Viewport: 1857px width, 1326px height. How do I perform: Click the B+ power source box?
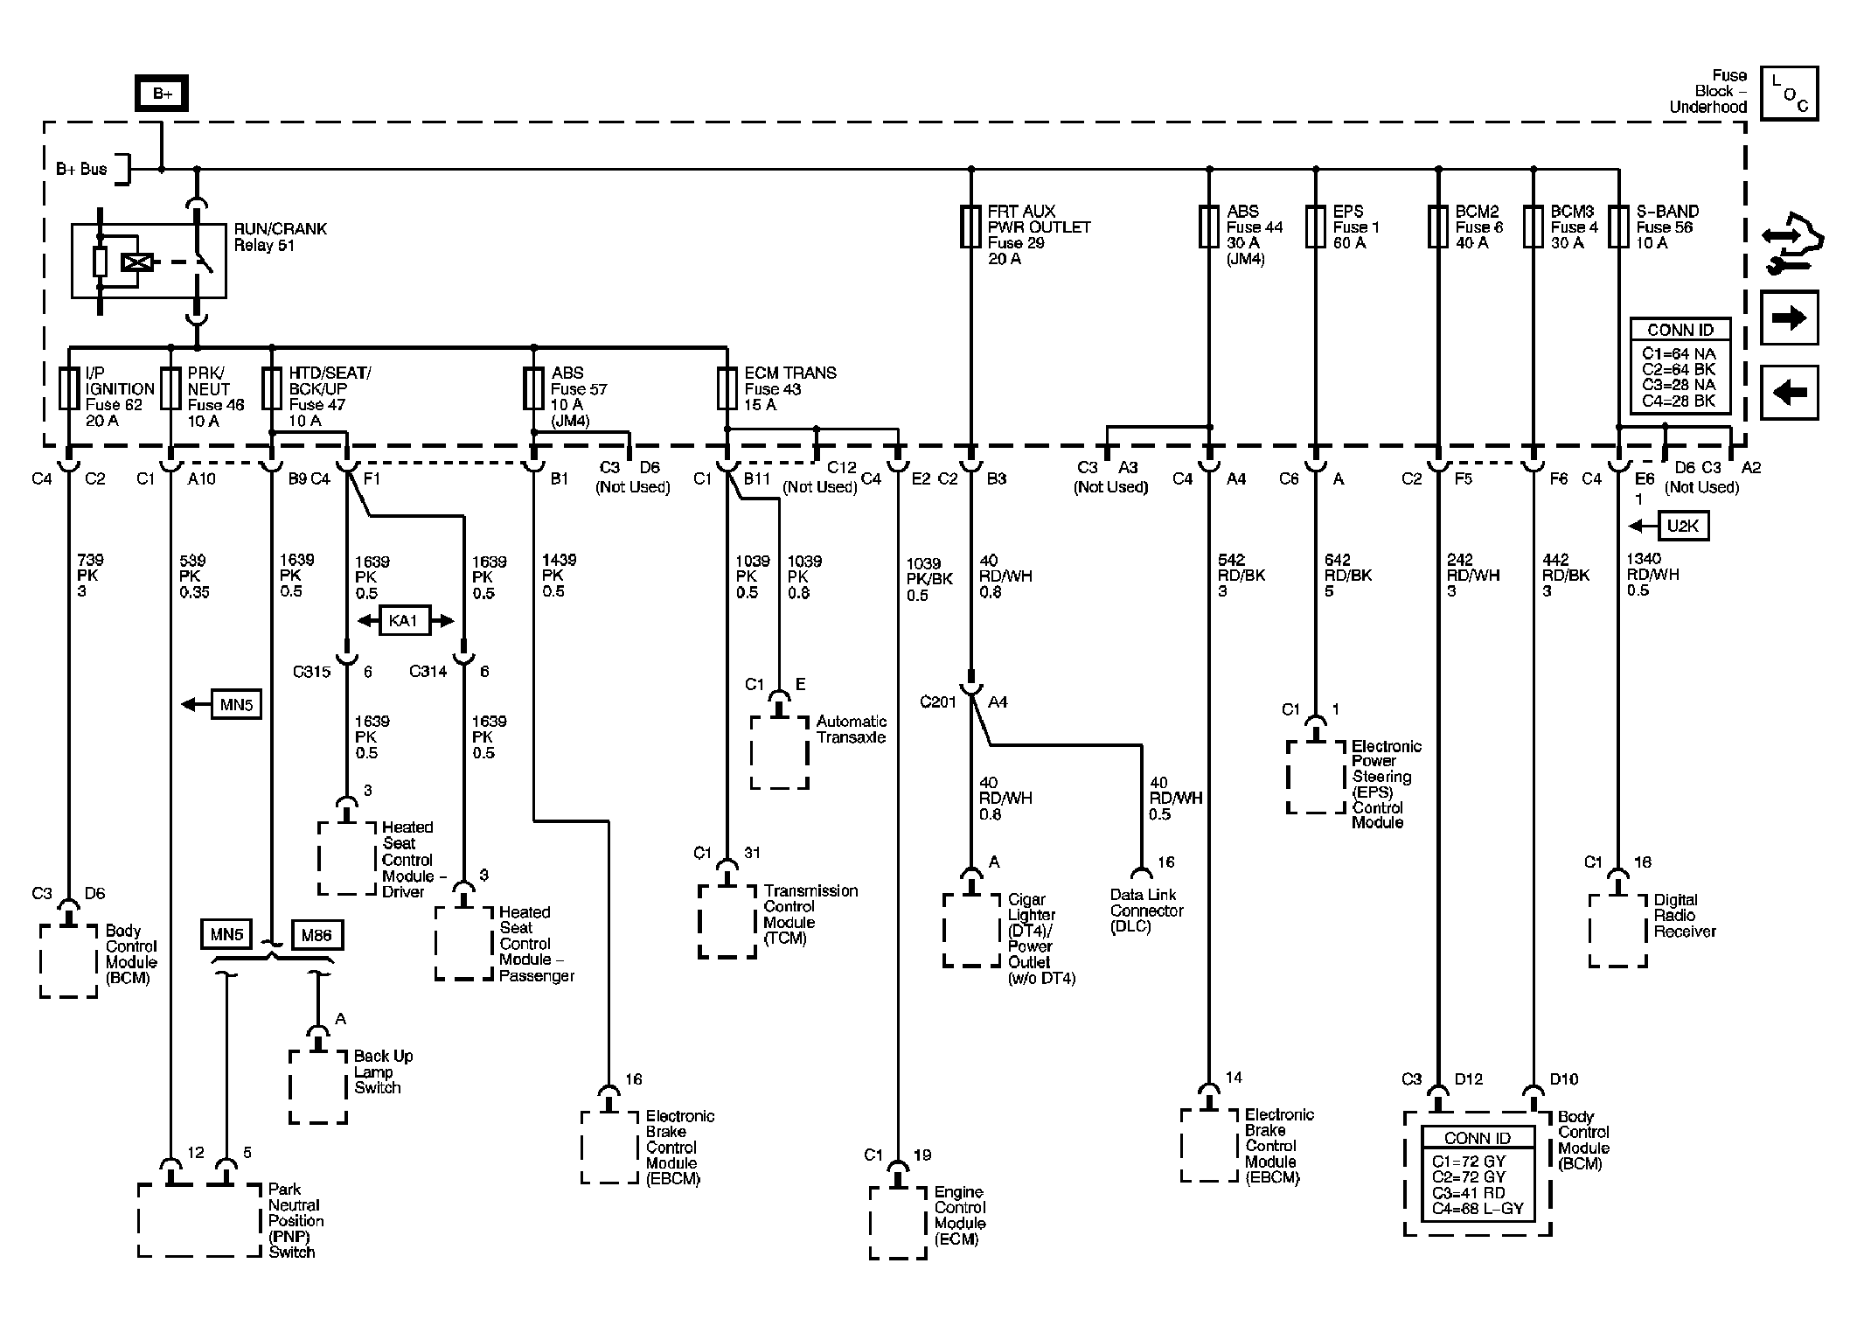pos(162,94)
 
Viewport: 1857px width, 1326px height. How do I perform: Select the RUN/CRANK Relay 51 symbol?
pos(149,261)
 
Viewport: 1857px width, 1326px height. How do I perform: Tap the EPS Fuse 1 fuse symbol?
pos(1315,227)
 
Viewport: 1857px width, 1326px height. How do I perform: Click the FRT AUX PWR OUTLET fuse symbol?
pos(970,227)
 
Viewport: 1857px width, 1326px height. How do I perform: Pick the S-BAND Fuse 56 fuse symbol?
pos(1618,227)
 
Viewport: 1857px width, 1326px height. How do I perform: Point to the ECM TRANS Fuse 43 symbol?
pos(727,389)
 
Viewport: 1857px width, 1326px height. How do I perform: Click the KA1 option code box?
pos(403,621)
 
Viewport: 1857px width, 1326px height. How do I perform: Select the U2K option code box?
pos(1684,527)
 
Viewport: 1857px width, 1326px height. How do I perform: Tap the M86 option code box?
pos(316,935)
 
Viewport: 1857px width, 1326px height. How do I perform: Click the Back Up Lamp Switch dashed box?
pos(318,1086)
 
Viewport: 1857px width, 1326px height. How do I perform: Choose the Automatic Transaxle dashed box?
pos(779,753)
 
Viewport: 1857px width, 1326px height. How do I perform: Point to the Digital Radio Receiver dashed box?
pos(1618,931)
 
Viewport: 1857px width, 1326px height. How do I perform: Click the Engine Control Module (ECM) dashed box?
pos(898,1222)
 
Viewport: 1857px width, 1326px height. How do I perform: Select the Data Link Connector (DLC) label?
pos(1146,911)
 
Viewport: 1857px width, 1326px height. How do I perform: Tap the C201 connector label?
pos(938,702)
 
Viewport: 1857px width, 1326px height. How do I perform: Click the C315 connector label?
pos(312,672)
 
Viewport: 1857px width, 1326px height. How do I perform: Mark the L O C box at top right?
pos(1789,94)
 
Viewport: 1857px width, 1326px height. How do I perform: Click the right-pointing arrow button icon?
pos(1789,318)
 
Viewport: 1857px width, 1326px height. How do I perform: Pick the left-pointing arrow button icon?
pos(1789,392)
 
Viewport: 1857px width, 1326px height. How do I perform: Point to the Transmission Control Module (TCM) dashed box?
pos(727,921)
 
